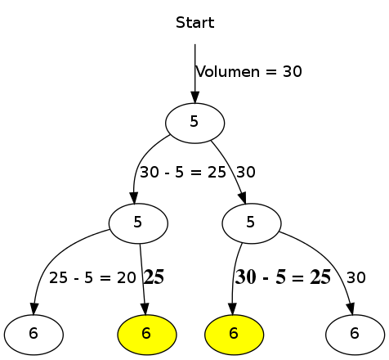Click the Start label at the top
194,23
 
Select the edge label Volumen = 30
249,72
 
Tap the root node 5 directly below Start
194,122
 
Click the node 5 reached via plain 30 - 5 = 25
138,222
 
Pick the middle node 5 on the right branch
251,222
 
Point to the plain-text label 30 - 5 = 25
182,173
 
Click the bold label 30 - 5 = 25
283,277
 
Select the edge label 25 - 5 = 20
92,277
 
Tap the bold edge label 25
154,277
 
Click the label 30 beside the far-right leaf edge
356,277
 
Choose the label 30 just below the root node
246,173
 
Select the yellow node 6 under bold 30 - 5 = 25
234,333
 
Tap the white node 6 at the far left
34,333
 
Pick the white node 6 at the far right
355,333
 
